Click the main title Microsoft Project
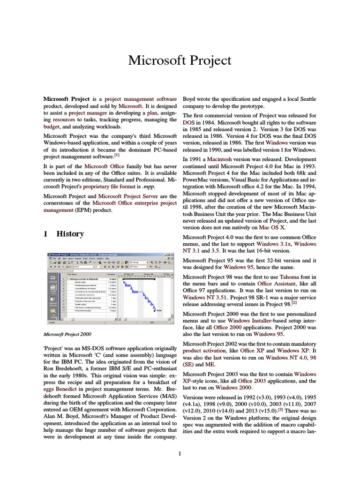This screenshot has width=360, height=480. [x=180, y=60]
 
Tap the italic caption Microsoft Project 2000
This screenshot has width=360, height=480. [x=67, y=334]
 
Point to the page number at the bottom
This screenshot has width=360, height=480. [x=180, y=453]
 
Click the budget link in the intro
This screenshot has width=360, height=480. [x=51, y=126]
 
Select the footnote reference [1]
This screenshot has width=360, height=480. [x=117, y=154]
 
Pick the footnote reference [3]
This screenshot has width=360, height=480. [x=280, y=408]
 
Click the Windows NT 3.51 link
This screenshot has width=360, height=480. [x=206, y=297]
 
